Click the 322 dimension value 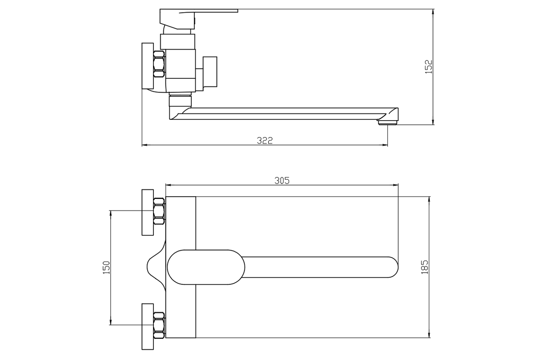[265, 140]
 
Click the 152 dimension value [429, 67]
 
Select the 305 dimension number [282, 180]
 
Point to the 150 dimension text [106, 267]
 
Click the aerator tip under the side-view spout [387, 123]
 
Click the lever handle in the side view [198, 19]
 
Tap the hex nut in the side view [159, 64]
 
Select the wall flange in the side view [148, 66]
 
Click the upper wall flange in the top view [148, 212]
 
